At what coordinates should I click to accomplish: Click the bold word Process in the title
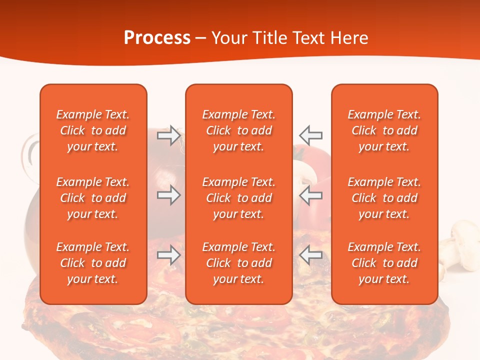(x=157, y=38)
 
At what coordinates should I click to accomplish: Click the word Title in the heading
(x=270, y=38)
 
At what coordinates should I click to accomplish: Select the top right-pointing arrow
(x=168, y=135)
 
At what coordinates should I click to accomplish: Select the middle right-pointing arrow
(x=168, y=195)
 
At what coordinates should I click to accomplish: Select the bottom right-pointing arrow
(x=168, y=255)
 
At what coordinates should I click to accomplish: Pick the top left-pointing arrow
(x=311, y=135)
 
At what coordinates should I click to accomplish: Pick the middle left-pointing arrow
(x=311, y=195)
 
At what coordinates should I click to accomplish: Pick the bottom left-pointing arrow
(x=311, y=255)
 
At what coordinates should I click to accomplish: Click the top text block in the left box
(x=93, y=130)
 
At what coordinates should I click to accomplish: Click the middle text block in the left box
(x=93, y=198)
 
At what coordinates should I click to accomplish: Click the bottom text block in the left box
(x=93, y=263)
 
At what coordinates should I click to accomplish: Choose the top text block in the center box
(x=239, y=130)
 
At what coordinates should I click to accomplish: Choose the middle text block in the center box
(x=239, y=198)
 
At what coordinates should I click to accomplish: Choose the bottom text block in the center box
(x=239, y=263)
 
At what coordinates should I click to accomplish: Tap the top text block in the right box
(x=384, y=130)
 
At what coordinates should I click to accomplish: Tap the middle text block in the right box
(x=384, y=198)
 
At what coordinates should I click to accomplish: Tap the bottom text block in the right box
(x=384, y=263)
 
